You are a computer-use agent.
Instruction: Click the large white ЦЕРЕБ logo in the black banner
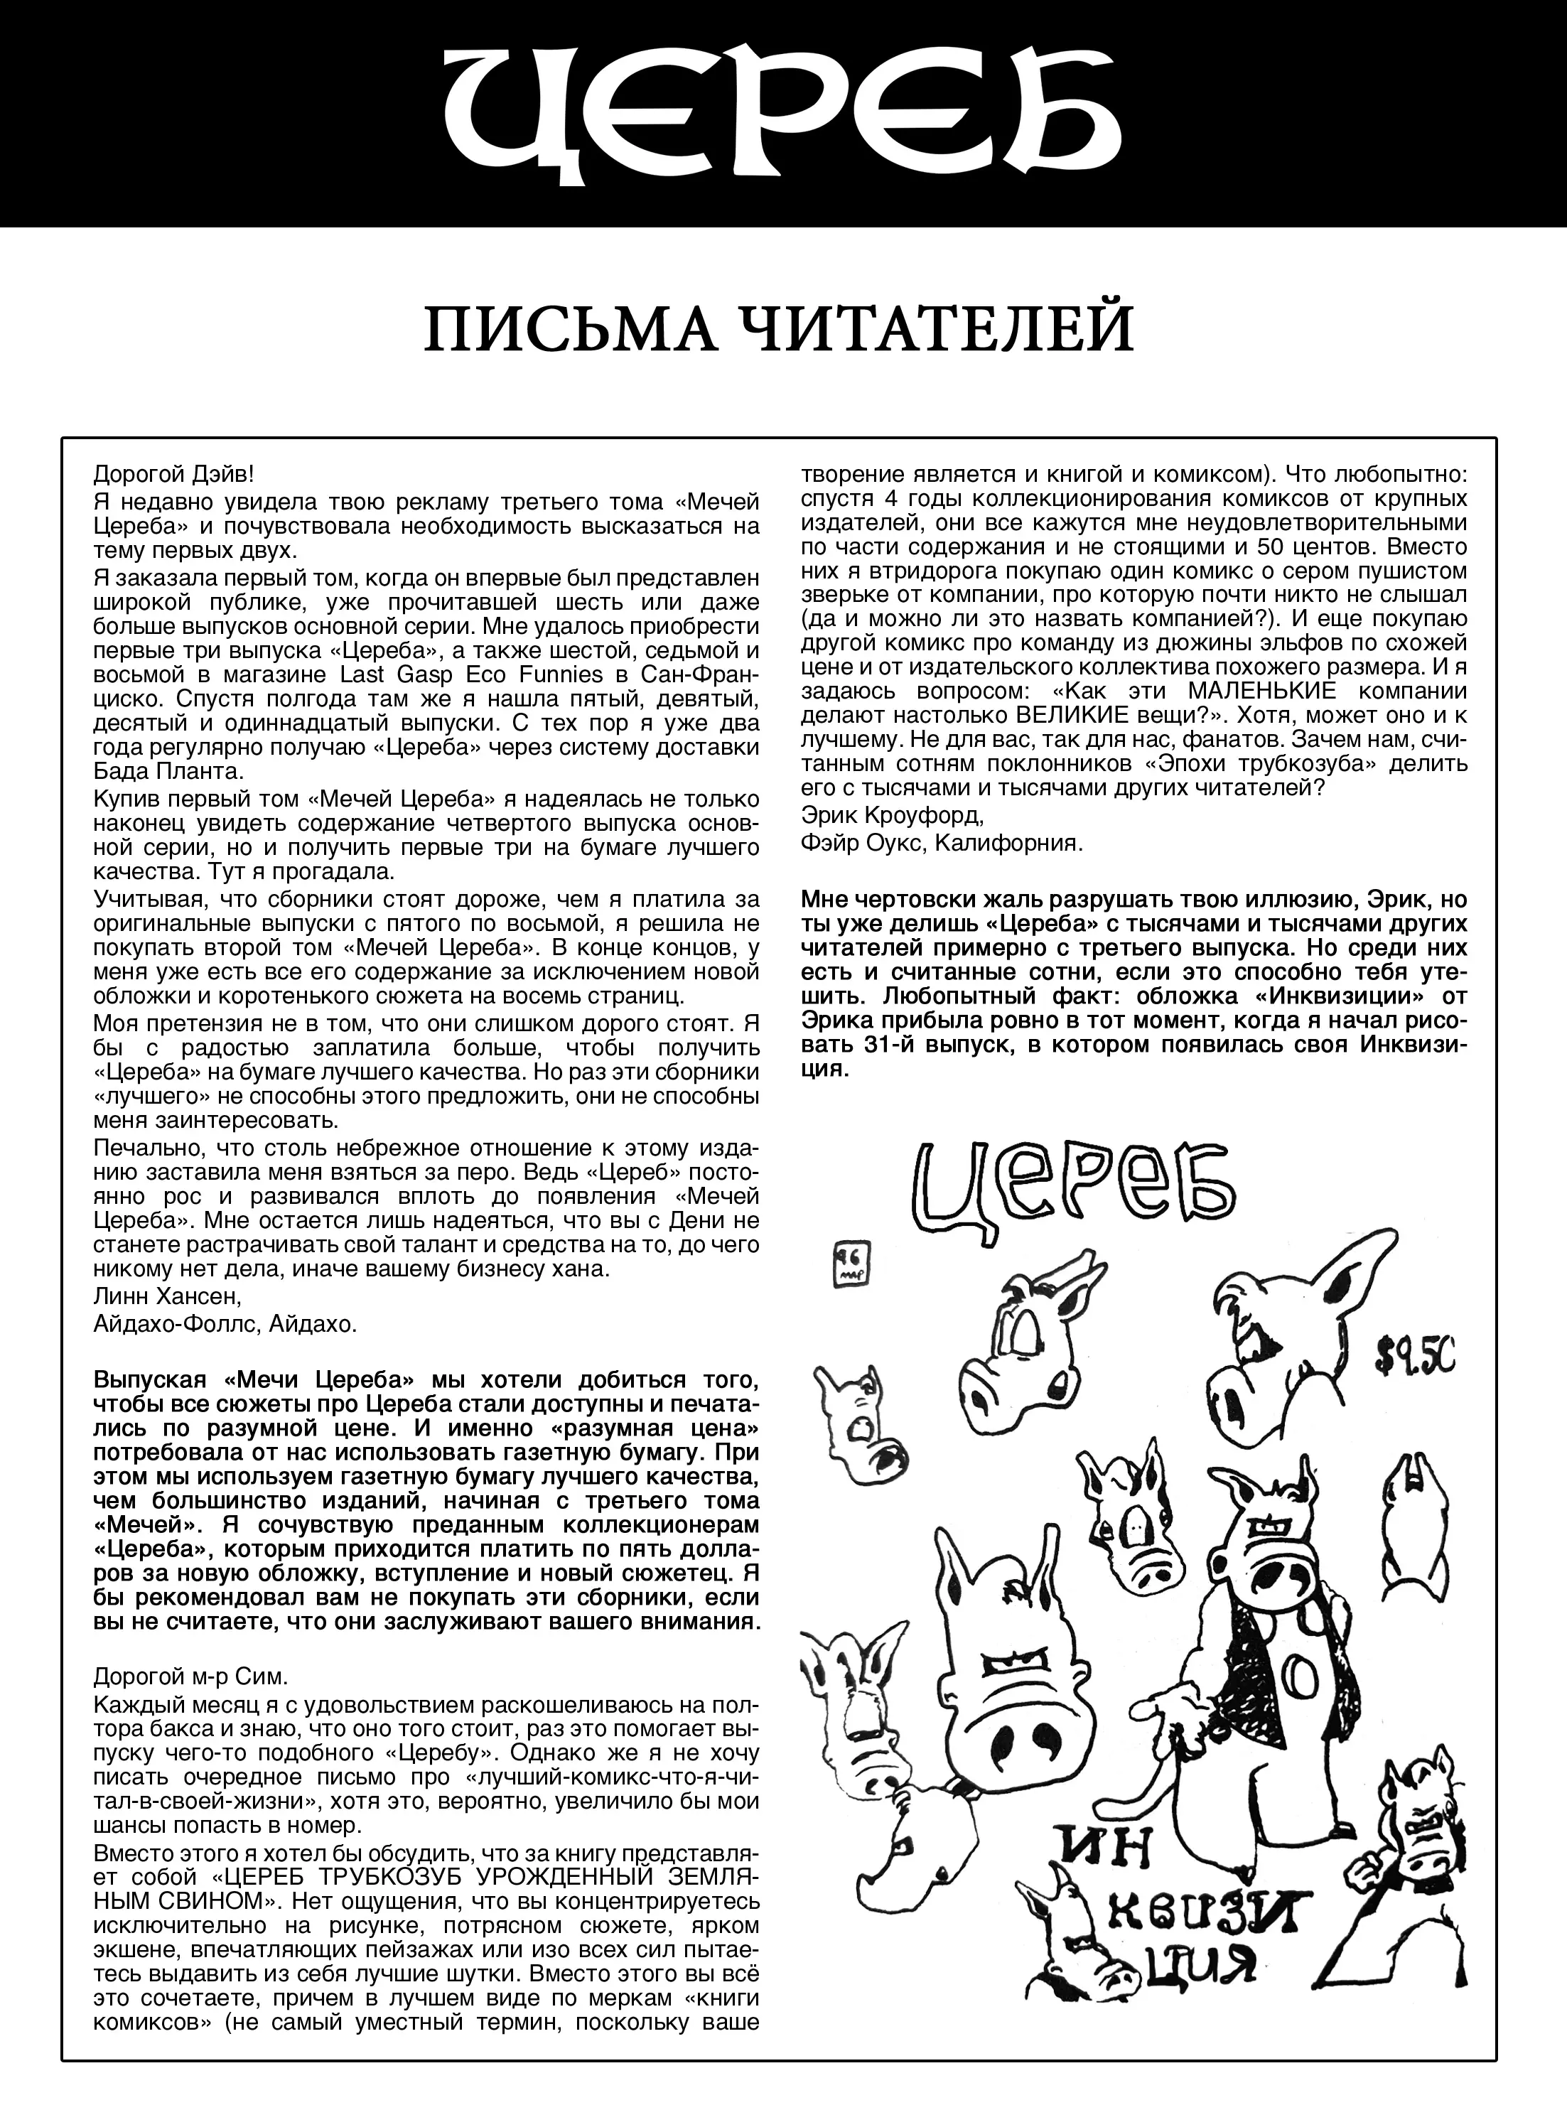pyautogui.click(x=783, y=112)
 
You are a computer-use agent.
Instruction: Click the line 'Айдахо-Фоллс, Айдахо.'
pyautogui.click(x=225, y=1323)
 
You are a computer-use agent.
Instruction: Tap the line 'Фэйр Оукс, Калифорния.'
pyautogui.click(x=941, y=842)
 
